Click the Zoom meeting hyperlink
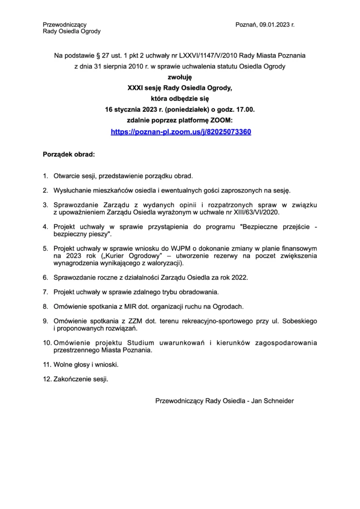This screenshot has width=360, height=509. (x=180, y=132)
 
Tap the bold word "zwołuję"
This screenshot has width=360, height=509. (x=180, y=77)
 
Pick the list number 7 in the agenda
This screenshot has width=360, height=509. (x=45, y=291)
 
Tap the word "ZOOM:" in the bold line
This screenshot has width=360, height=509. (x=222, y=121)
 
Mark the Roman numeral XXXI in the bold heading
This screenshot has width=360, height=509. (x=136, y=88)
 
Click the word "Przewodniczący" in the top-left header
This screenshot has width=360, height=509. (x=65, y=24)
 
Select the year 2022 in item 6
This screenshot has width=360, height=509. (x=240, y=276)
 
